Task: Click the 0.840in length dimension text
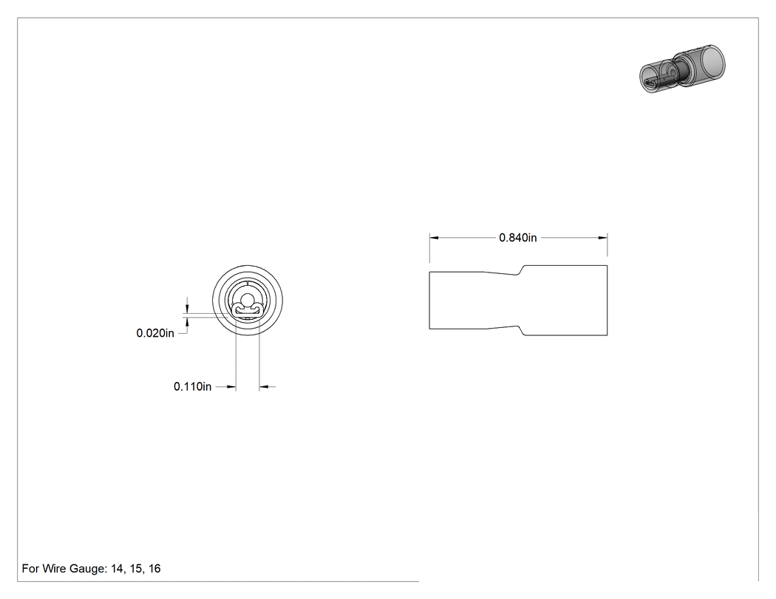[x=517, y=238]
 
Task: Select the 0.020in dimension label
[x=155, y=333]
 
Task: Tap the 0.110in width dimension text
[x=192, y=387]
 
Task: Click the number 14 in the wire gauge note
[x=117, y=569]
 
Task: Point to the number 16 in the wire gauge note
[x=154, y=569]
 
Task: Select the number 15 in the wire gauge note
[x=135, y=569]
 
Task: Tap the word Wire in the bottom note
[x=54, y=569]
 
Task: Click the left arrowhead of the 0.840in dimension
[x=434, y=238]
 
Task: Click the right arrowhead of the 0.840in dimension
[x=603, y=238]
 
